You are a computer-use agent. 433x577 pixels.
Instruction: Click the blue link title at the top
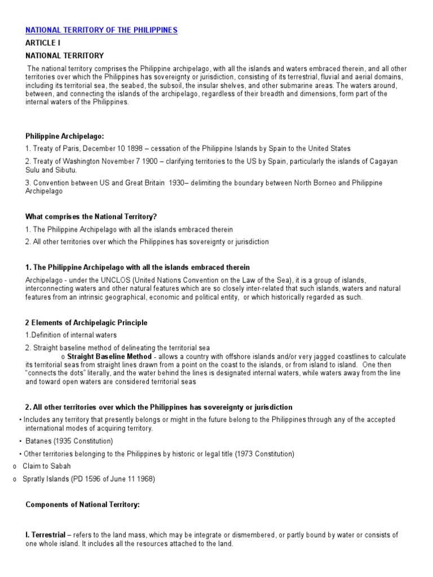point(101,30)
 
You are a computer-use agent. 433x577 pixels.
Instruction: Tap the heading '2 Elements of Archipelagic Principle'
point(87,323)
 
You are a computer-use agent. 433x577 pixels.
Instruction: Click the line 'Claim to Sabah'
point(47,467)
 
